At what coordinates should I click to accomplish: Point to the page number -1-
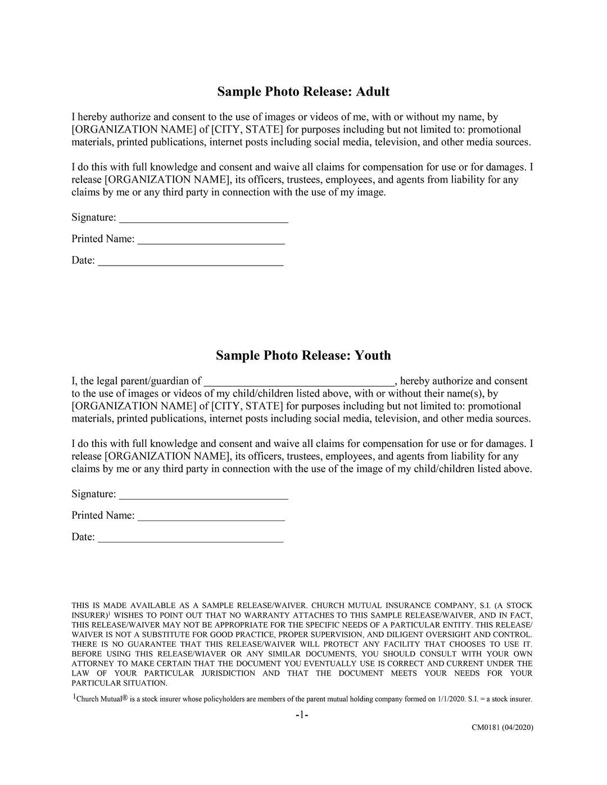tap(302, 715)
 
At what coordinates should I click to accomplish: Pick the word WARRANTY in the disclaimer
tap(264, 615)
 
